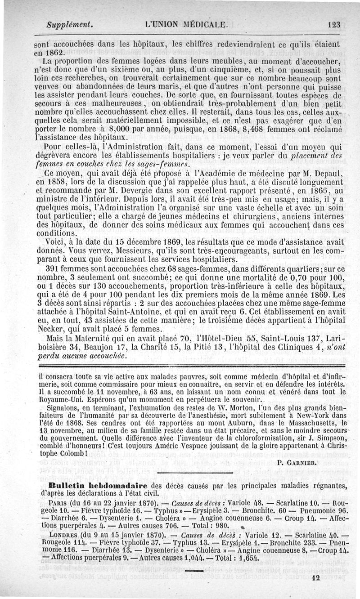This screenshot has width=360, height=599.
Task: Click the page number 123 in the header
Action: click(x=334, y=24)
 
